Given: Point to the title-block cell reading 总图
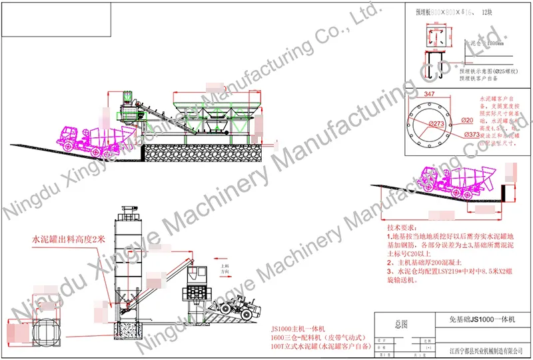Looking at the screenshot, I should click(401, 324).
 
